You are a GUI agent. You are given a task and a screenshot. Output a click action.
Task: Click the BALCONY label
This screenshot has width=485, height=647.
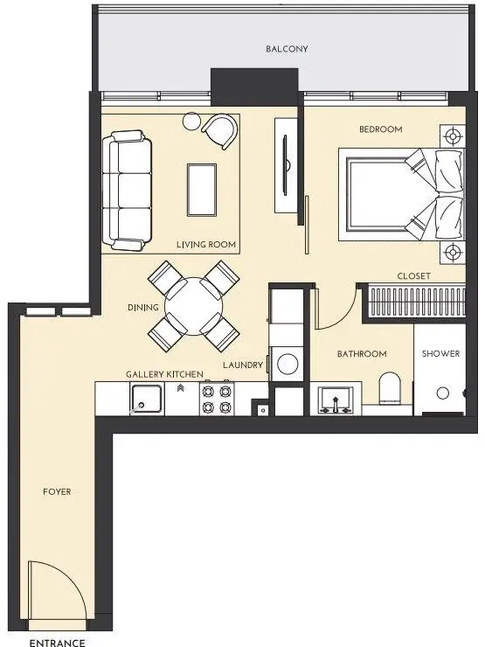click(x=287, y=49)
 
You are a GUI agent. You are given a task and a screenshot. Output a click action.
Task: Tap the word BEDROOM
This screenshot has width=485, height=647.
click(x=381, y=129)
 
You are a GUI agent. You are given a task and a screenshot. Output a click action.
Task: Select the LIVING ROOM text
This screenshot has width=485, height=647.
click(x=206, y=244)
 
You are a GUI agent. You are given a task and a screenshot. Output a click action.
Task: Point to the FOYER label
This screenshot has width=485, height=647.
click(x=57, y=491)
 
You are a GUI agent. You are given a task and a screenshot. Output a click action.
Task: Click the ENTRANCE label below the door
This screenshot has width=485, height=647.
click(x=58, y=642)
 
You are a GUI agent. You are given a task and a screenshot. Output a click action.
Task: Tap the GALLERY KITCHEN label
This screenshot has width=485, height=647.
click(x=164, y=374)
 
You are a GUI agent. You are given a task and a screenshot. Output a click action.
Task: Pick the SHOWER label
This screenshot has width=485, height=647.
click(x=440, y=353)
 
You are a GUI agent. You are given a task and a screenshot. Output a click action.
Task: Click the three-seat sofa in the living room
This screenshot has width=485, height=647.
click(x=127, y=191)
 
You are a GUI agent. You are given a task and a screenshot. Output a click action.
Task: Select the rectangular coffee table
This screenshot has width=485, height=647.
click(x=202, y=190)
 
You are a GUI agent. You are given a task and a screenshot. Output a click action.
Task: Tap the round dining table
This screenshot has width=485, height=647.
click(x=193, y=307)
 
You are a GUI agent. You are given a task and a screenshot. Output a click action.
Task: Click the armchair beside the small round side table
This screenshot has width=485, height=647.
click(x=220, y=131)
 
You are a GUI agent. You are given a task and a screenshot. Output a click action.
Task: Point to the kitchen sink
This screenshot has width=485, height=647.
click(x=147, y=399)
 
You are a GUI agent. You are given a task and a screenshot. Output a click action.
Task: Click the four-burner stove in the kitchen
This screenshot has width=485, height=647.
click(x=217, y=399)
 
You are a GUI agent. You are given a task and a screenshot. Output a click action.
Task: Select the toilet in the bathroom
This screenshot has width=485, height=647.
click(x=390, y=388)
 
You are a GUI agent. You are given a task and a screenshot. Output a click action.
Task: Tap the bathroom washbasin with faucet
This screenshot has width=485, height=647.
click(x=336, y=400)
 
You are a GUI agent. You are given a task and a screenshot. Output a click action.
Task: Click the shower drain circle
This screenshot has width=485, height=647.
click(x=442, y=393)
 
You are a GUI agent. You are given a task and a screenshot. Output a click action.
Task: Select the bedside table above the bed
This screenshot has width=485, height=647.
click(x=453, y=136)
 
